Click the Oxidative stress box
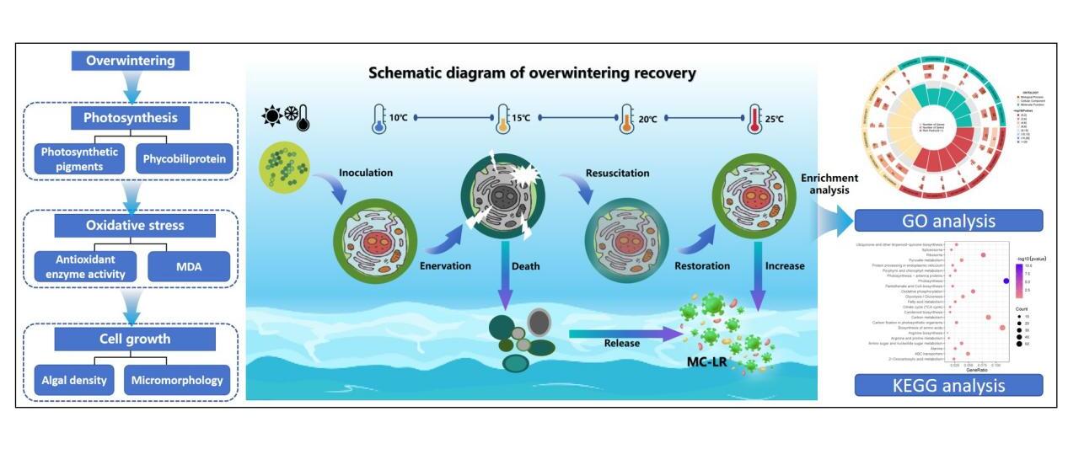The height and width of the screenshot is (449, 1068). tap(134, 225)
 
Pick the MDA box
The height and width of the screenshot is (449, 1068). tap(188, 267)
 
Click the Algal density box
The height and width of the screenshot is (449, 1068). tap(74, 380)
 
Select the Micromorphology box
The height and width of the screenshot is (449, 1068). tap(177, 380)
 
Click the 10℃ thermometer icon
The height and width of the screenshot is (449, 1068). tap(378, 120)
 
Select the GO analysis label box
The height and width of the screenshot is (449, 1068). tap(948, 222)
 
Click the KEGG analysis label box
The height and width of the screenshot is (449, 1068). tap(948, 386)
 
